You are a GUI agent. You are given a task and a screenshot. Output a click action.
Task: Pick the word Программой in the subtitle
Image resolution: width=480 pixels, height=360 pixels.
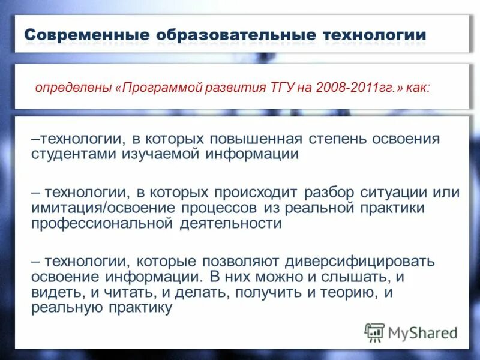point(157,88)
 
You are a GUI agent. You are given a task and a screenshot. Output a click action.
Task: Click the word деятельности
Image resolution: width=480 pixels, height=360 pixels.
point(230,223)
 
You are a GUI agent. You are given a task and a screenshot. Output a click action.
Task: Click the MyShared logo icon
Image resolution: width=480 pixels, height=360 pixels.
point(374,332)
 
